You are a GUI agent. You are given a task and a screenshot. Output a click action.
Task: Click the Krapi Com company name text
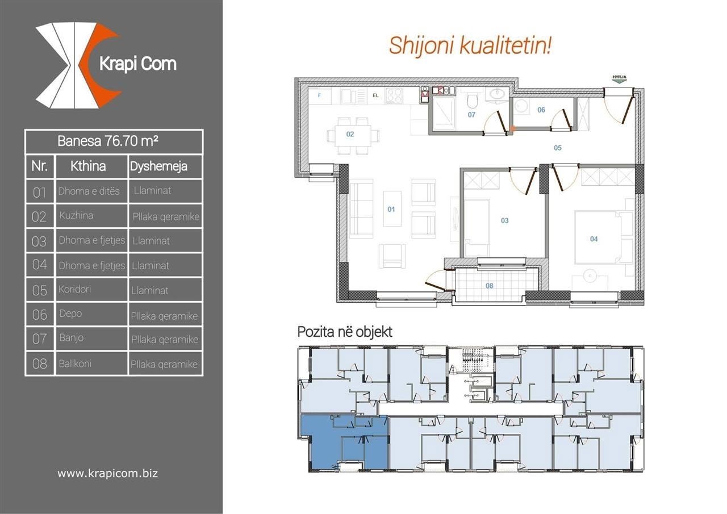click(x=138, y=64)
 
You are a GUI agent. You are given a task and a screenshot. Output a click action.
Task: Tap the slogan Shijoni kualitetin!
click(x=470, y=46)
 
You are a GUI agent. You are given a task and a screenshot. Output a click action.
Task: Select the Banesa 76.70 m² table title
click(x=108, y=141)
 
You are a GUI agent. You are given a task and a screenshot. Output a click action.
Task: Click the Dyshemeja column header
click(x=158, y=166)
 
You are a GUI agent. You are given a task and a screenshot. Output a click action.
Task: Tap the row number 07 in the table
click(x=39, y=339)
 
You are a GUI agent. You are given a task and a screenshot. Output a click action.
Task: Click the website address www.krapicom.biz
click(x=108, y=474)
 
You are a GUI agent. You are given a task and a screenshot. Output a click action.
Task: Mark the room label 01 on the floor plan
click(x=391, y=210)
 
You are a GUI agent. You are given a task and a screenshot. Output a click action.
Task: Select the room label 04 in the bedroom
click(x=594, y=239)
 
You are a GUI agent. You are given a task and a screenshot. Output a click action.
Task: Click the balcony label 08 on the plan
click(x=489, y=286)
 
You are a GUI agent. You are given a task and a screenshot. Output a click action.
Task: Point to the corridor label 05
click(x=558, y=148)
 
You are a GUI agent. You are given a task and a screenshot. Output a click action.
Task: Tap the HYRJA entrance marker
click(x=619, y=79)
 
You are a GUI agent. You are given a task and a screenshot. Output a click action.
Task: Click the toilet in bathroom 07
click(x=472, y=101)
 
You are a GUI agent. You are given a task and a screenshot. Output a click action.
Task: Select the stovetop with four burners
click(x=394, y=96)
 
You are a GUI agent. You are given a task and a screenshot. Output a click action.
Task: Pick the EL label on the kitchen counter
click(x=375, y=95)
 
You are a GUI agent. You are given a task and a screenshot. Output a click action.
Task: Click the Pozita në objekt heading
click(x=345, y=332)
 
